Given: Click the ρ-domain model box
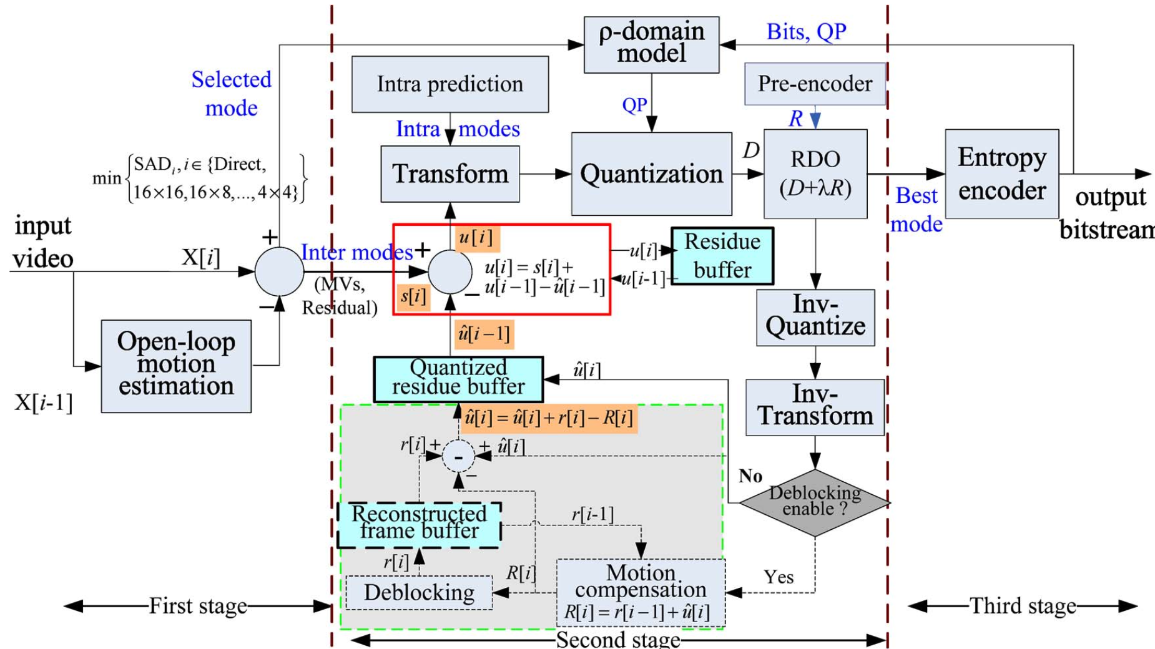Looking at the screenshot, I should [x=651, y=44].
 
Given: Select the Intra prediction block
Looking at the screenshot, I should [x=450, y=84].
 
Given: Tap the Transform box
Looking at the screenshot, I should [x=450, y=174].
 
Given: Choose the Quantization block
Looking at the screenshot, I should [x=651, y=174].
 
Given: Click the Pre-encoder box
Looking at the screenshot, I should [x=815, y=84].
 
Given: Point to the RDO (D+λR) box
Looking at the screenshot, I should [x=815, y=174].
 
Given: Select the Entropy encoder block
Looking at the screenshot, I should [x=1001, y=174].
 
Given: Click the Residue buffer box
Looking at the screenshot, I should [x=722, y=256].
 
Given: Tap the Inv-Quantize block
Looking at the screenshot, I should [x=815, y=317].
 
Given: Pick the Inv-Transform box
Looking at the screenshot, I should [x=815, y=407].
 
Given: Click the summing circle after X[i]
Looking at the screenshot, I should [x=279, y=271].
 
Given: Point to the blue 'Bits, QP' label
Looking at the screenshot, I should [x=806, y=32].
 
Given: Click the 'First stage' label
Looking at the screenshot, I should [x=198, y=606].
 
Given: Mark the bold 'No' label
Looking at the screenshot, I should [x=750, y=476].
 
